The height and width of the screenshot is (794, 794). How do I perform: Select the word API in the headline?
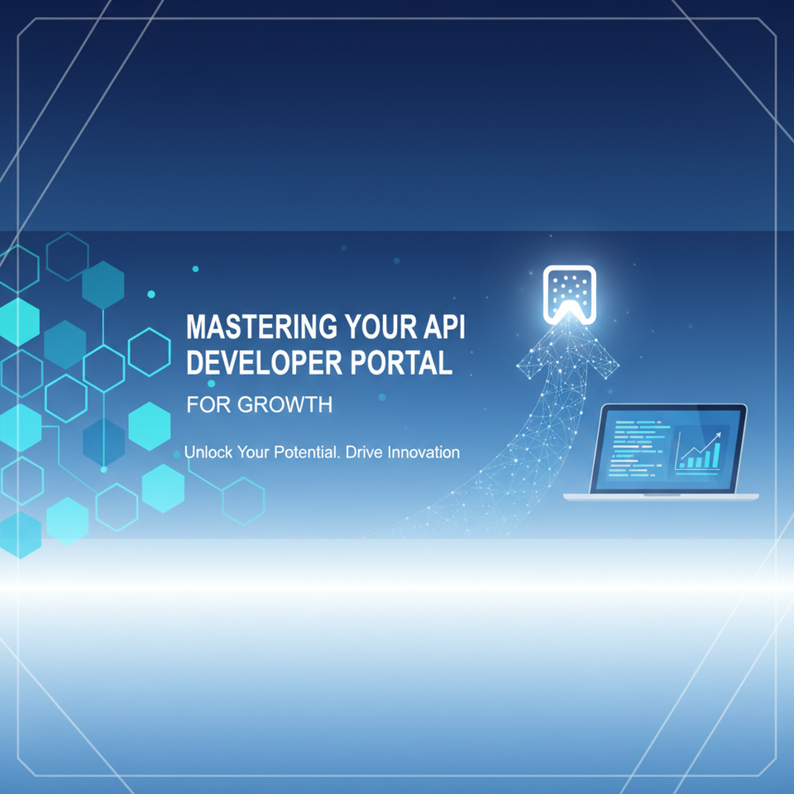(x=444, y=328)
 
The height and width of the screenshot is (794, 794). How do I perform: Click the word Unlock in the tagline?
(x=208, y=452)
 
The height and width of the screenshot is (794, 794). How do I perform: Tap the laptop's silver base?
(x=660, y=496)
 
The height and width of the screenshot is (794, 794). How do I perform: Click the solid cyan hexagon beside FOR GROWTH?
(x=150, y=426)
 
